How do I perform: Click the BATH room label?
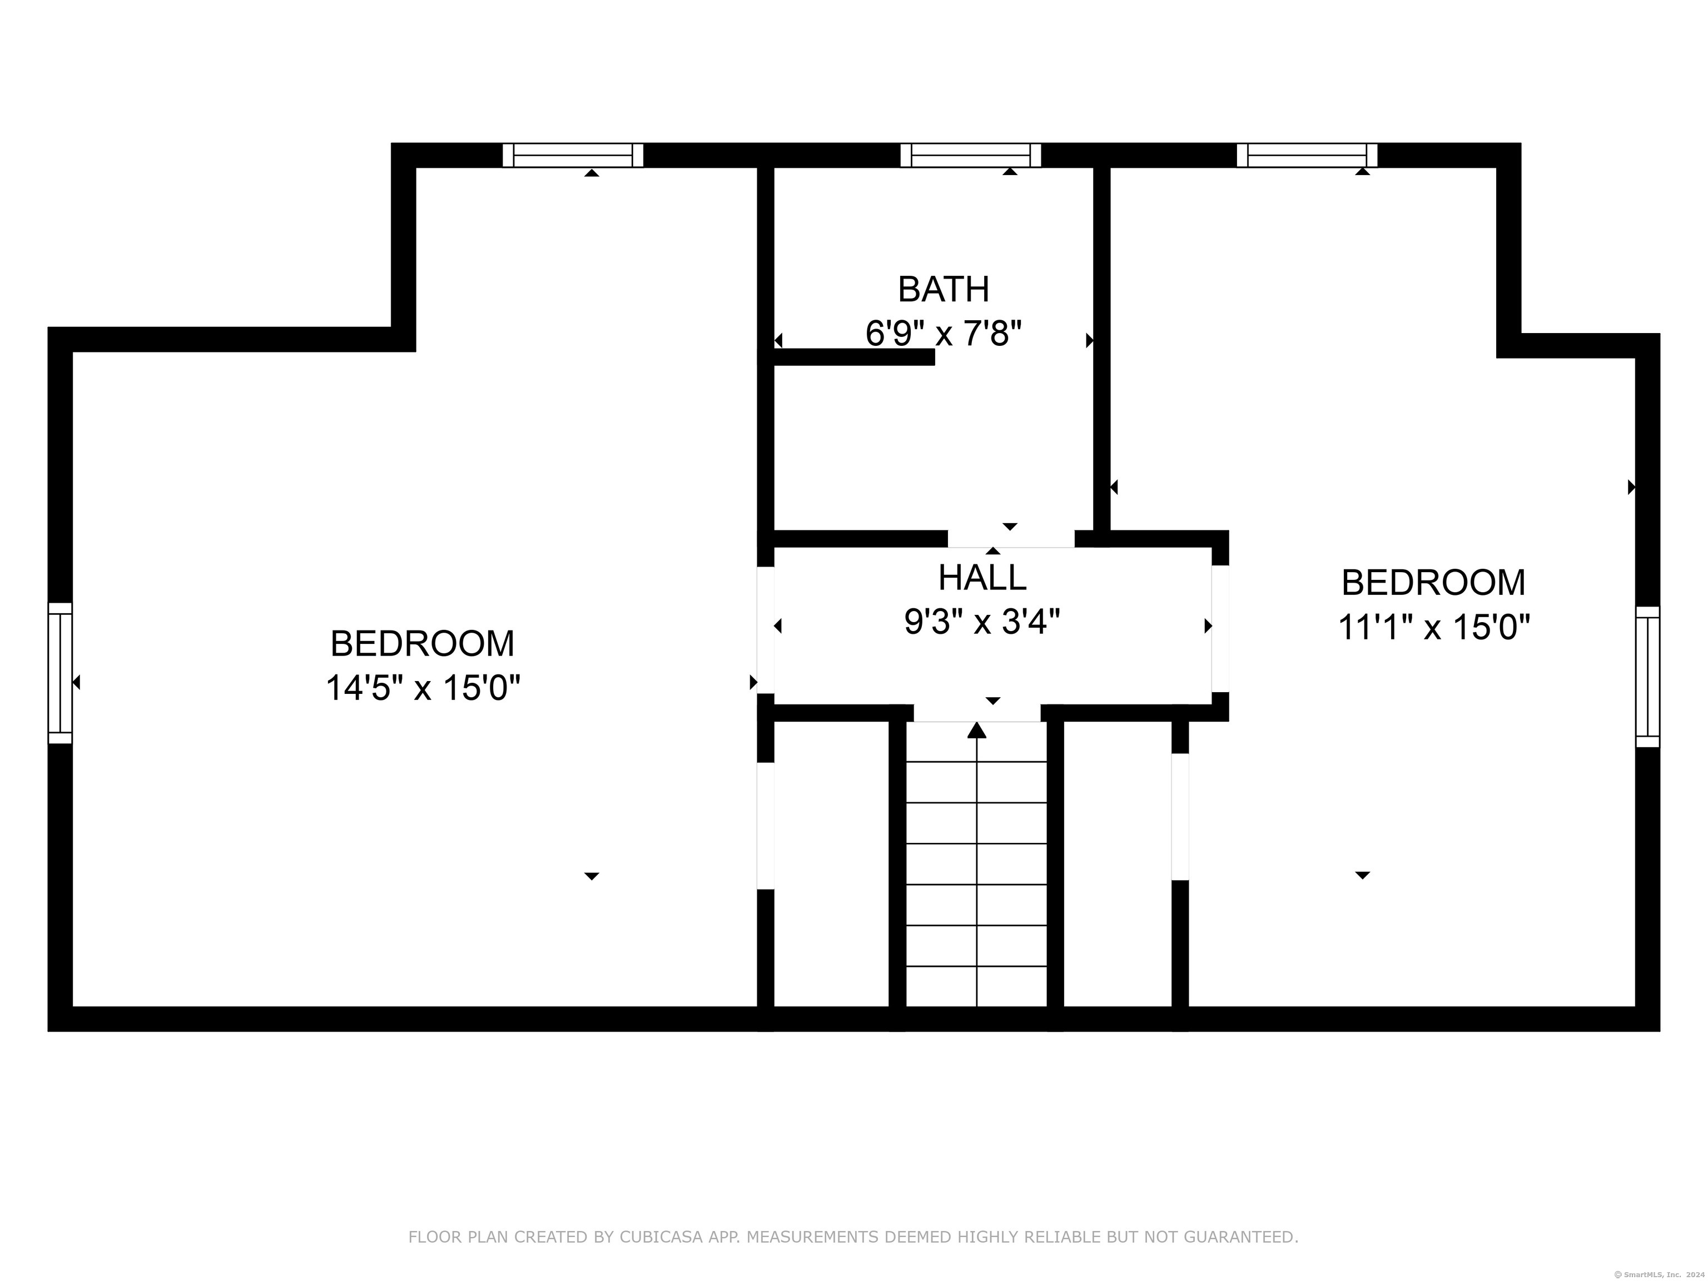click(x=943, y=290)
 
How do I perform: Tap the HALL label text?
click(x=982, y=578)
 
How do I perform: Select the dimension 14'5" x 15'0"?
click(x=423, y=687)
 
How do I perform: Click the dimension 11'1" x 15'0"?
click(x=1433, y=627)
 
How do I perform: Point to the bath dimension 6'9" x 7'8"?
click(x=944, y=334)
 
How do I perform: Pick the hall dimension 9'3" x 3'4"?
click(x=982, y=622)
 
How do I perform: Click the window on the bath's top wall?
click(x=971, y=155)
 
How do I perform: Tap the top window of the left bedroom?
click(x=573, y=155)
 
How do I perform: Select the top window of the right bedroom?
click(x=1307, y=155)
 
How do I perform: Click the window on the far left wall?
click(x=60, y=673)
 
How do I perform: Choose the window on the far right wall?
click(x=1648, y=677)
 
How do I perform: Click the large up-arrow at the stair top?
click(x=977, y=729)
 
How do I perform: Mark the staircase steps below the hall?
click(x=977, y=864)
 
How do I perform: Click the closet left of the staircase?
click(x=832, y=864)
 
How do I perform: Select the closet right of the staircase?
click(x=1118, y=864)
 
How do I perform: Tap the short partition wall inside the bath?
click(x=855, y=357)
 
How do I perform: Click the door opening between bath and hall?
click(x=1011, y=539)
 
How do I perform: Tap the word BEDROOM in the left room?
click(x=423, y=643)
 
